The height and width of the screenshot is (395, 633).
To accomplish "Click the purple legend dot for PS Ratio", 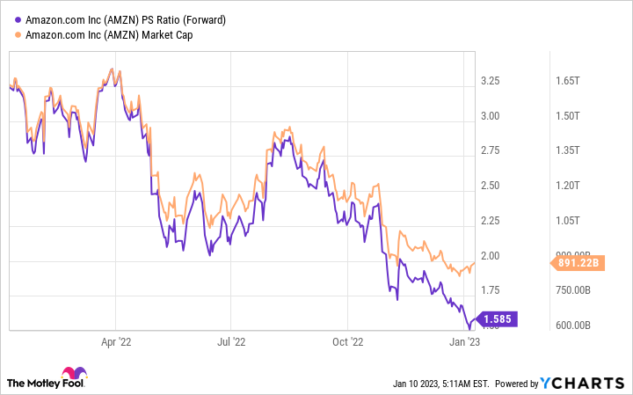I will [18, 19].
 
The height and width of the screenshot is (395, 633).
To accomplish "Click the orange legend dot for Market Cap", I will [18, 34].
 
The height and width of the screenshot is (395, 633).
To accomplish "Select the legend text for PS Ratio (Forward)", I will [127, 19].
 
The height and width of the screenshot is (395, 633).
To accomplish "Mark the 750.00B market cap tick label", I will [573, 290].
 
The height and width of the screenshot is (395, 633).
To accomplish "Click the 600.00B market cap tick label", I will [573, 326].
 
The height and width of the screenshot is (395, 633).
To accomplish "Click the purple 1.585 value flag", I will [498, 318].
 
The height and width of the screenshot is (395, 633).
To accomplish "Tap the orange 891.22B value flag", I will [577, 261].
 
